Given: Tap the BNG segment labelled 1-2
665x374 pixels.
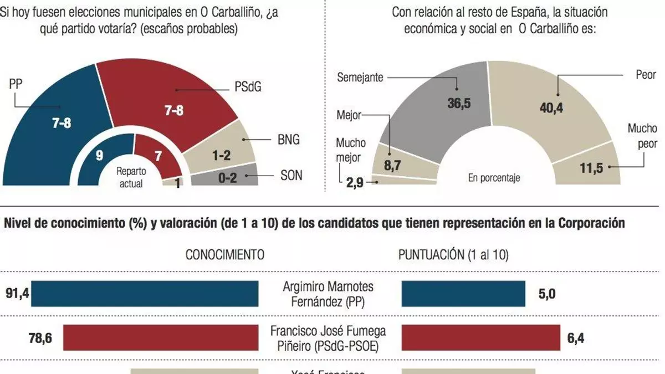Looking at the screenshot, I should click(222, 152).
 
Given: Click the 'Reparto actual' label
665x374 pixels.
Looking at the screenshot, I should click(131, 177).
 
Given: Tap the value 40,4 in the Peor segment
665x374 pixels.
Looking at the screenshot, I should click(551, 108).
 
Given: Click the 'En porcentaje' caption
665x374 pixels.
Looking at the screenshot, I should click(494, 178).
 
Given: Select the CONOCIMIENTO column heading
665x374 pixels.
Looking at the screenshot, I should click(224, 255).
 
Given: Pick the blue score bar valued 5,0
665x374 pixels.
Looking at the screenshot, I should click(463, 294).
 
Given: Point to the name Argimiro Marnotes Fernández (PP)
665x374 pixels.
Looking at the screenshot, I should click(328, 294).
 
